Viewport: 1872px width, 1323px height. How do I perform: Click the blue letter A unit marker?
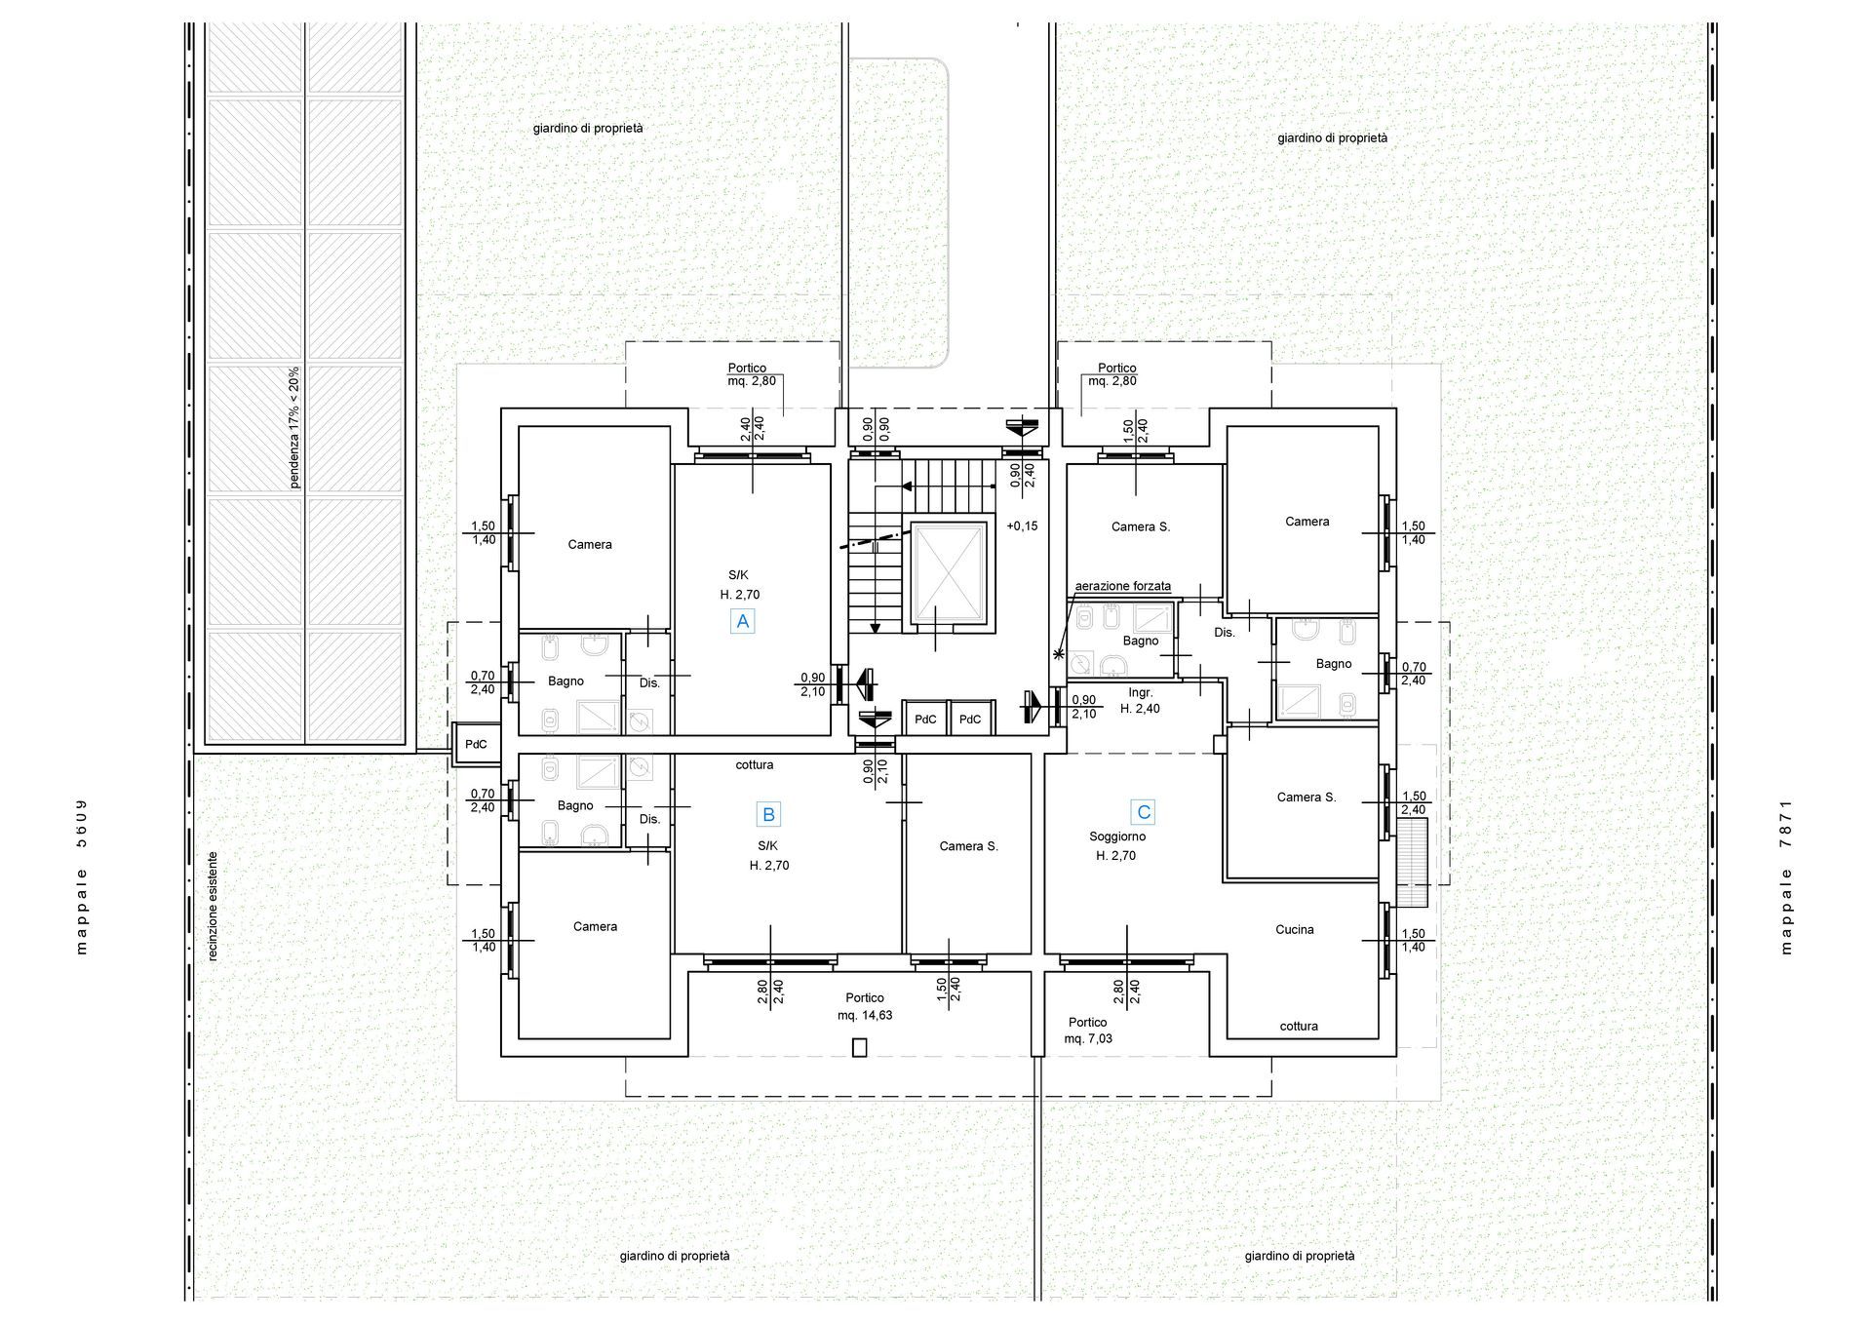point(743,621)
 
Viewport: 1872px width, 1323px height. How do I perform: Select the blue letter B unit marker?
point(768,815)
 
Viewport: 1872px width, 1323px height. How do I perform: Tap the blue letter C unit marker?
point(1144,811)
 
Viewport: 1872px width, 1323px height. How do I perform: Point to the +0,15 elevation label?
point(1022,526)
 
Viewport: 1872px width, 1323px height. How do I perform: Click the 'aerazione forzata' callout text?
point(1123,586)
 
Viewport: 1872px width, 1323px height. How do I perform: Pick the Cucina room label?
point(1295,930)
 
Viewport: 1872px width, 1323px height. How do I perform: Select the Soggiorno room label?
point(1117,837)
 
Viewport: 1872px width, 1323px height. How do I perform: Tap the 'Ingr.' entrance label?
point(1141,693)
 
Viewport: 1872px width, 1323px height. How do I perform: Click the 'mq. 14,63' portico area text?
point(865,1015)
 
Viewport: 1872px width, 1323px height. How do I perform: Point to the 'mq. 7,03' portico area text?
point(1088,1039)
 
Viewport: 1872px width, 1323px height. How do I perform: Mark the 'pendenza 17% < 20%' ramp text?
point(294,427)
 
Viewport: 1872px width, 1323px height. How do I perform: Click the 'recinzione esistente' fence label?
point(213,907)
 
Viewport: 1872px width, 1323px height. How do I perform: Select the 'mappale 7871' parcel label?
point(1786,876)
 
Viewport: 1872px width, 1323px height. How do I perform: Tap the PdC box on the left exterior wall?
point(476,745)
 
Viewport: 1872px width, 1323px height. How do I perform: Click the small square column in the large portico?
point(859,1048)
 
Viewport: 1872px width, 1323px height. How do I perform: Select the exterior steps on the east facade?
point(1412,863)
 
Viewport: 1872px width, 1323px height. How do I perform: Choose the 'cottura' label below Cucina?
point(1299,1027)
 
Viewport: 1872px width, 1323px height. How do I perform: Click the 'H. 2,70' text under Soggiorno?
point(1115,856)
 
